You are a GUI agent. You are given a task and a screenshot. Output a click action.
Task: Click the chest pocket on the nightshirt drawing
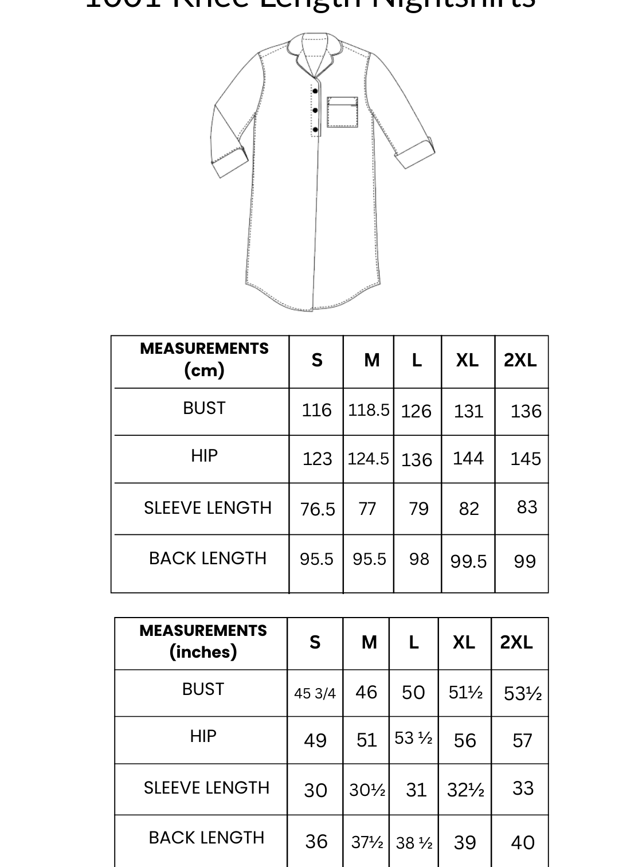pyautogui.click(x=342, y=112)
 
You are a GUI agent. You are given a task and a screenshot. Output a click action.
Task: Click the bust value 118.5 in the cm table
pyautogui.click(x=369, y=411)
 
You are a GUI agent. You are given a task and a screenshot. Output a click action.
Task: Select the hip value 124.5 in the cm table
pyautogui.click(x=368, y=459)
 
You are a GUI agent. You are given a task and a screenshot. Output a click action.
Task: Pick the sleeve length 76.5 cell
pyautogui.click(x=318, y=509)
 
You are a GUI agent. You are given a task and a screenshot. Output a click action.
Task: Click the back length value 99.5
pyautogui.click(x=468, y=561)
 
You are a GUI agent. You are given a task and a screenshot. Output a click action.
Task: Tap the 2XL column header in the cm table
pyautogui.click(x=520, y=360)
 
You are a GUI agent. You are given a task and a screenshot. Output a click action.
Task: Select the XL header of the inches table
pyautogui.click(x=464, y=642)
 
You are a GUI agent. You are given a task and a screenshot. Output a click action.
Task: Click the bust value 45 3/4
pyautogui.click(x=315, y=693)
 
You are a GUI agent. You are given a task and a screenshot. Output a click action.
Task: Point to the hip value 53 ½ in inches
pyautogui.click(x=413, y=738)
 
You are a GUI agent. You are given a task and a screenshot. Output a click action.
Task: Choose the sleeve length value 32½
pyautogui.click(x=465, y=790)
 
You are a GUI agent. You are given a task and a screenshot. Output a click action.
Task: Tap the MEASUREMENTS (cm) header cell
pyautogui.click(x=204, y=360)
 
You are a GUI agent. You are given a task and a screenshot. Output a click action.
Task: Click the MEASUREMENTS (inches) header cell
pyautogui.click(x=203, y=642)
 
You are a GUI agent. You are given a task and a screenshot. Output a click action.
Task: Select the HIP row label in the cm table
pyautogui.click(x=204, y=456)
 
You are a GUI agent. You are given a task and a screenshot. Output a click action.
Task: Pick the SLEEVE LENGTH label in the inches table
pyautogui.click(x=206, y=788)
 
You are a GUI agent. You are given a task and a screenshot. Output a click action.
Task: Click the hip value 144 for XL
pyautogui.click(x=468, y=458)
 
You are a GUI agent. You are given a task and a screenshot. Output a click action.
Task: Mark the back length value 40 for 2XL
pyautogui.click(x=523, y=842)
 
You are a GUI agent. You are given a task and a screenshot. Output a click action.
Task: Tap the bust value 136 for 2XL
pyautogui.click(x=526, y=411)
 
